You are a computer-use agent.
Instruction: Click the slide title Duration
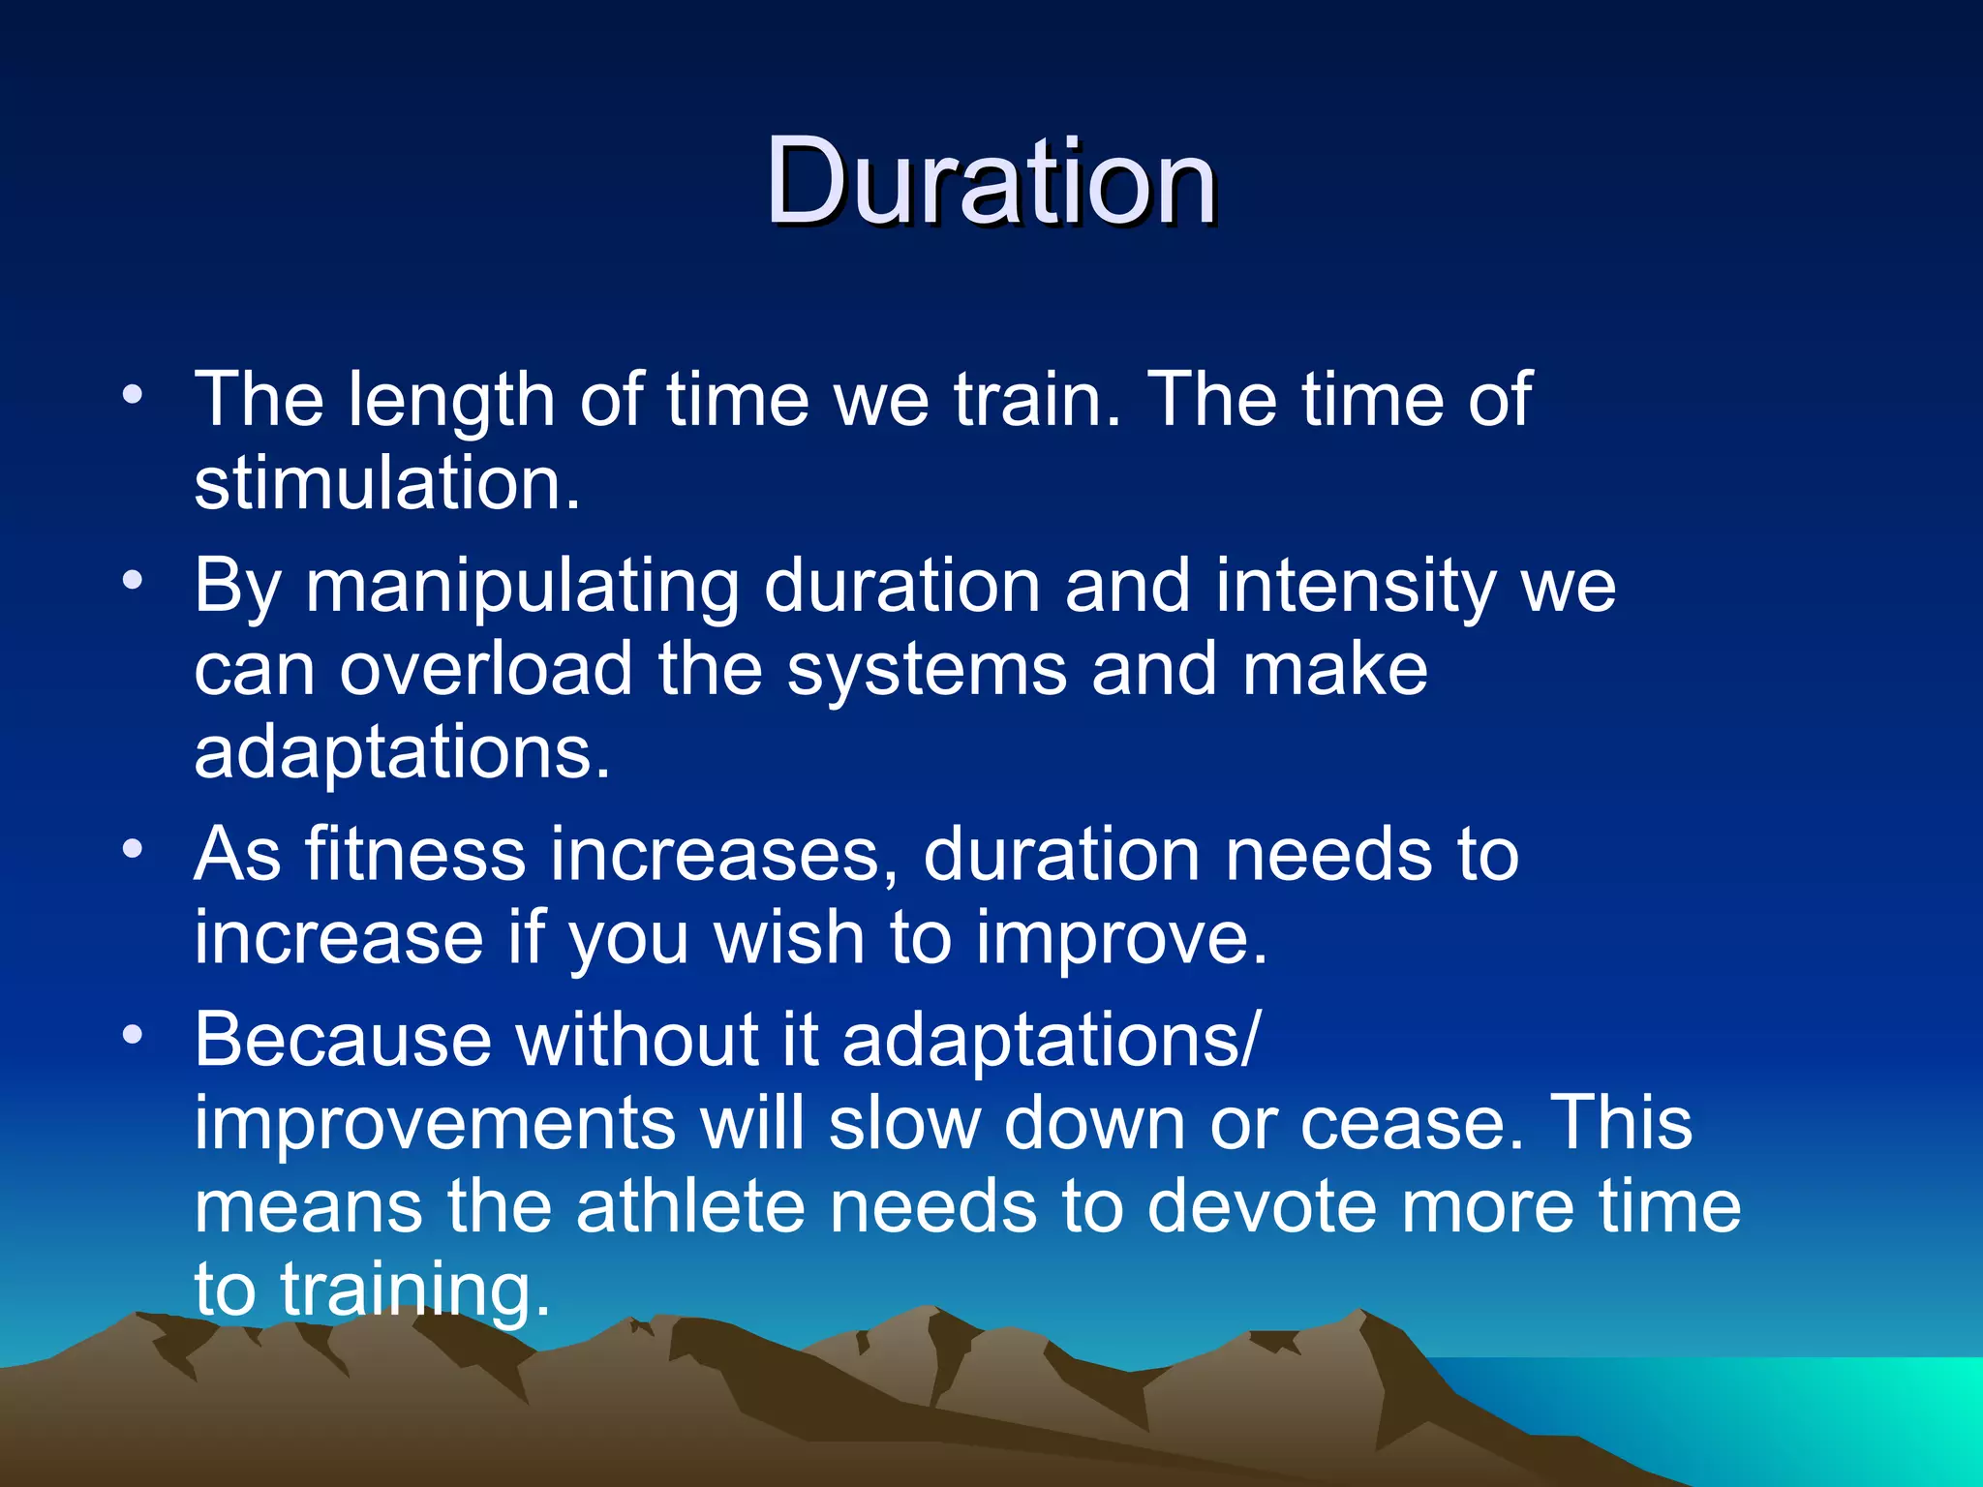coord(991,181)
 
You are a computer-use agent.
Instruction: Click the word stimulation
coord(386,483)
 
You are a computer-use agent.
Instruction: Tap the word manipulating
coord(522,587)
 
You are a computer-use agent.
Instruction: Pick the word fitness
coord(414,854)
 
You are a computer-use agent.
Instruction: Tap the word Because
coord(343,1040)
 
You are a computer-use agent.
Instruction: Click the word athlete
coord(690,1206)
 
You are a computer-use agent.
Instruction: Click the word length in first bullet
coord(450,400)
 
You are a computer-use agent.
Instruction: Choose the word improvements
coord(435,1123)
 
